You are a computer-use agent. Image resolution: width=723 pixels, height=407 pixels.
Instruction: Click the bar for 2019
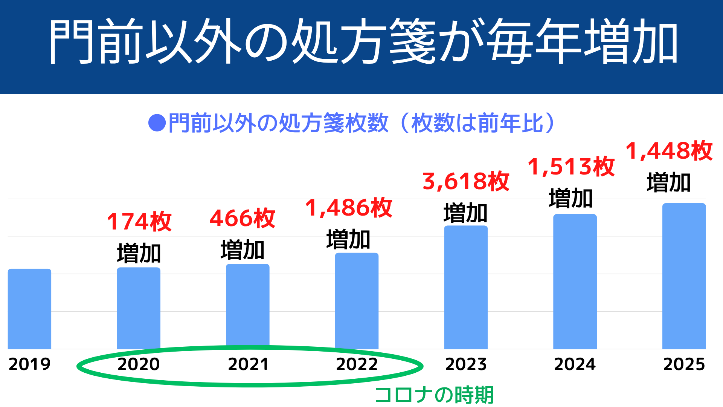pos(29,309)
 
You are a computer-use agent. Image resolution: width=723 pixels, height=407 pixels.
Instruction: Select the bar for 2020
pos(139,308)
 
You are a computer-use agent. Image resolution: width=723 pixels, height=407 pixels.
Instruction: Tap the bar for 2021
pos(247,306)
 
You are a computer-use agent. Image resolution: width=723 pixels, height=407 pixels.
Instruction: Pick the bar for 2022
pos(357,300)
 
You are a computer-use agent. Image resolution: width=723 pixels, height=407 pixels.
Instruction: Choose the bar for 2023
pos(466,287)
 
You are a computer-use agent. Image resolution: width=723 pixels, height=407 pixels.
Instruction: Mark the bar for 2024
pos(575,281)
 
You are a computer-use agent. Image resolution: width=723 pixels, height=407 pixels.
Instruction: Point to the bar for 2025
pos(684,276)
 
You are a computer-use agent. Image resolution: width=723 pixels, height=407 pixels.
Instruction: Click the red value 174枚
pos(139,221)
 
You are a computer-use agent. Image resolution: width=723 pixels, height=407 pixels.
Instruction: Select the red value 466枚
pos(242,218)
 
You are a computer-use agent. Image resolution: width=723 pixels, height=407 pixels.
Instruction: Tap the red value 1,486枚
pos(349,208)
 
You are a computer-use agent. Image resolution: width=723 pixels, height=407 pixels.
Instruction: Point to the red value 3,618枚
pos(466,181)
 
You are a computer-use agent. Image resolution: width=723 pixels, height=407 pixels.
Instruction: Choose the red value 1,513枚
pos(571,167)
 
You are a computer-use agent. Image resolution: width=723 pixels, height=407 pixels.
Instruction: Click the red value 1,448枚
pos(669,151)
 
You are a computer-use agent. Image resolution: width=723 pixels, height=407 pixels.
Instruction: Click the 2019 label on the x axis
pos(29,364)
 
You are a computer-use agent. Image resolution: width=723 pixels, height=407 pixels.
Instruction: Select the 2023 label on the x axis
pos(466,364)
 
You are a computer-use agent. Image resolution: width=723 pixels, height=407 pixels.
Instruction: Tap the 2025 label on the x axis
pos(684,364)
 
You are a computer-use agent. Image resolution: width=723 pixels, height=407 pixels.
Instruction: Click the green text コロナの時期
pos(434,395)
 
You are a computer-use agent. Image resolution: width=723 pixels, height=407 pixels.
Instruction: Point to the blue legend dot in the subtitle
pos(157,123)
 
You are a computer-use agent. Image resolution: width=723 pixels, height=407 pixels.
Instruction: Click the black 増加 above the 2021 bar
pos(243,250)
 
